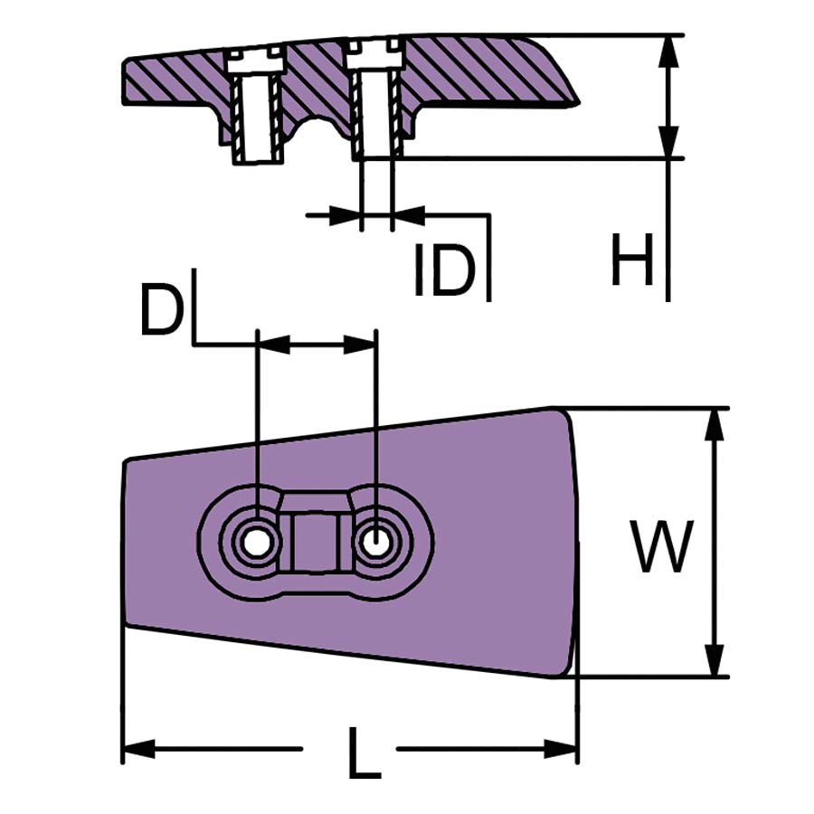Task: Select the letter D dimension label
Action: coord(161,309)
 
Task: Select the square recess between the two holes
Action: coord(315,541)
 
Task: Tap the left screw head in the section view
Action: coord(256,62)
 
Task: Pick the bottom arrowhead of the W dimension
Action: coord(715,658)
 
